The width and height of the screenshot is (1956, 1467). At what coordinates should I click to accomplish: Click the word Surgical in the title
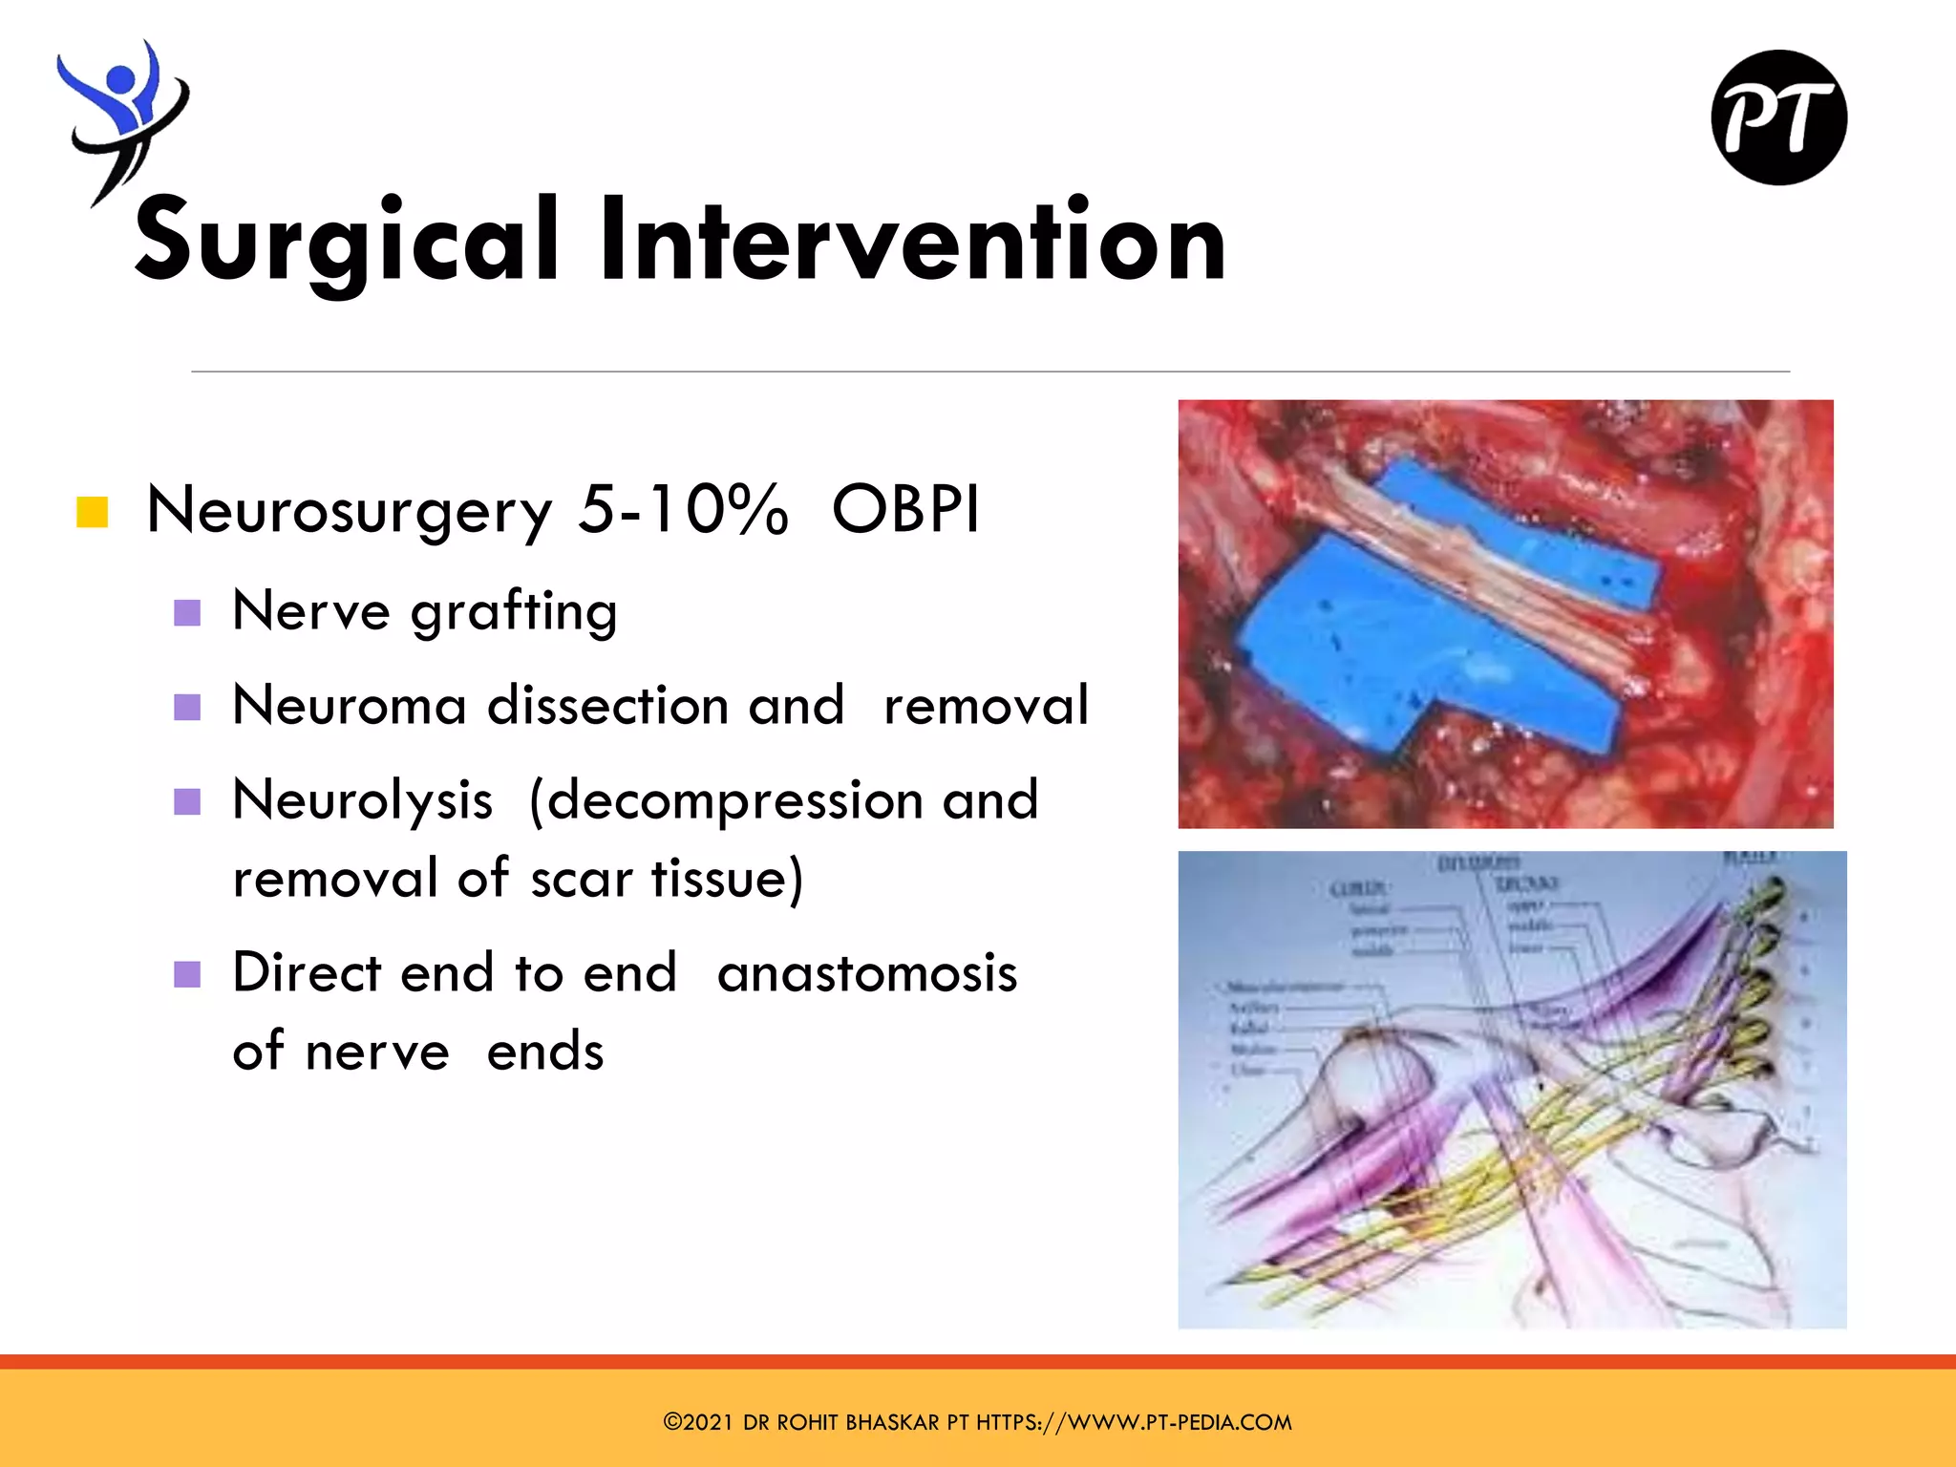346,241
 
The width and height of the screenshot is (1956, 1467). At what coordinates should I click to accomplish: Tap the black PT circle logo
1778,117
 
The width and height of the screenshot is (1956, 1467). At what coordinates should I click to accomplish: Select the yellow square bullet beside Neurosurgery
92,512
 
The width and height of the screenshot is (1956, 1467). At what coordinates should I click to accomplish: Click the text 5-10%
683,509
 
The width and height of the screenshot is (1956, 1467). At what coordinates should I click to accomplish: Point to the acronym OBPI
905,509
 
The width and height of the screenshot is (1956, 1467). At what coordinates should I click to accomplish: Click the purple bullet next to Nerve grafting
187,612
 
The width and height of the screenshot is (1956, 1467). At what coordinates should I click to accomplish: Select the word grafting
514,611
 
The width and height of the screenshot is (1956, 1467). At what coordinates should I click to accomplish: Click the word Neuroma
350,706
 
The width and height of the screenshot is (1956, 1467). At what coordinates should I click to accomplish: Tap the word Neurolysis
363,800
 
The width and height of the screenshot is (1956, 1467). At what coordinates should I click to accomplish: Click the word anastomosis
867,973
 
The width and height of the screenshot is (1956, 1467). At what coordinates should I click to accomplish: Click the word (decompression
726,800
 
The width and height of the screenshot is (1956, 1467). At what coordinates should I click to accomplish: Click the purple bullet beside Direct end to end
187,974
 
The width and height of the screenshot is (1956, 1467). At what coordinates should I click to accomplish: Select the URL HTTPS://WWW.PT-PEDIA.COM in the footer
1134,1422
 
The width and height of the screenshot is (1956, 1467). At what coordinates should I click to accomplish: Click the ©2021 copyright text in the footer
697,1422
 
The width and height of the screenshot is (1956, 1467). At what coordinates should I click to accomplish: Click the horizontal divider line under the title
989,371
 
